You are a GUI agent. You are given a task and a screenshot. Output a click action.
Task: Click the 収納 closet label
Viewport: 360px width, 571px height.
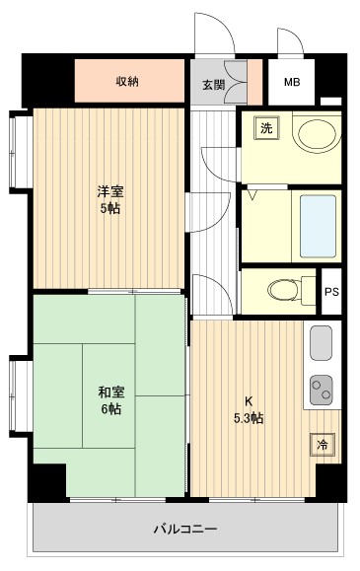126,82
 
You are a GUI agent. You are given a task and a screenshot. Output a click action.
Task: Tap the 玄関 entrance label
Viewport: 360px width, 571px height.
214,85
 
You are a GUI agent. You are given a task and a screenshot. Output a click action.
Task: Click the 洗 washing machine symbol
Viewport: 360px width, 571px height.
264,127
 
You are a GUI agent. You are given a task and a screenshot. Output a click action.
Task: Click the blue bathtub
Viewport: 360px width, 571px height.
317,226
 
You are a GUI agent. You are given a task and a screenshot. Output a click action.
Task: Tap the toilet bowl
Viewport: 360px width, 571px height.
284,289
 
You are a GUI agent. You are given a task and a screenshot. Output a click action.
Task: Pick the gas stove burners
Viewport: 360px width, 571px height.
323,393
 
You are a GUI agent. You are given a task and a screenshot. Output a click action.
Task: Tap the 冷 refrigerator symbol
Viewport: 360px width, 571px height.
323,444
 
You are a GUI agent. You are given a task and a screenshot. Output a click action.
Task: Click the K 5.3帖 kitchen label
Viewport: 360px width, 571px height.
250,409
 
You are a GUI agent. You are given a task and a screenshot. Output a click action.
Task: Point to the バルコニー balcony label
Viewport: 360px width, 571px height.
184,529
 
